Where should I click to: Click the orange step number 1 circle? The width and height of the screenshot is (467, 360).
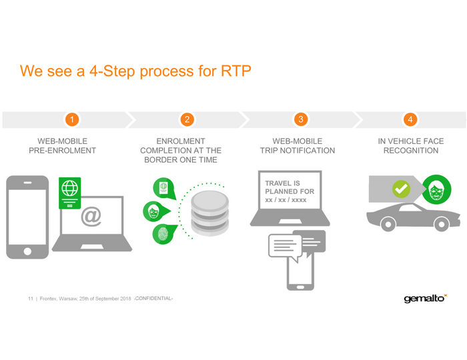point(73,119)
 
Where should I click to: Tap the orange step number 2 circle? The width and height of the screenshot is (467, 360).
point(187,119)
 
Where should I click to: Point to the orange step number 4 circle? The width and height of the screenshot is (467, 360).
point(411,119)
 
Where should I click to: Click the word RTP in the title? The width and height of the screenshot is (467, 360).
point(236,71)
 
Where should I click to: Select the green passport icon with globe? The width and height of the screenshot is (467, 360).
point(69,193)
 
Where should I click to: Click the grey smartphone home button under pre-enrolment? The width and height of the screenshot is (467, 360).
point(27,251)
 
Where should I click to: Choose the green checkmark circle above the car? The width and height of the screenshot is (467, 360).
point(400,189)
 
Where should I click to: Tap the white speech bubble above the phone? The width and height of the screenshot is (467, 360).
point(286,245)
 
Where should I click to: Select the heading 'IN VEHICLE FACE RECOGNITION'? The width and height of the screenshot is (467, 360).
point(410,146)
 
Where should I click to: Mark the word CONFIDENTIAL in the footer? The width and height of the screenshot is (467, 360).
point(154,298)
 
